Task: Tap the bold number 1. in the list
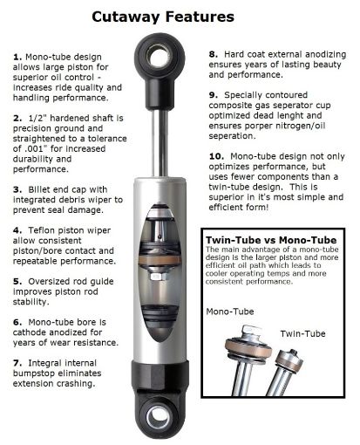[x=17, y=57]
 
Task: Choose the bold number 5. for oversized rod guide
[x=17, y=283]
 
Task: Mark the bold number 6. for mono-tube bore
[x=17, y=322]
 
